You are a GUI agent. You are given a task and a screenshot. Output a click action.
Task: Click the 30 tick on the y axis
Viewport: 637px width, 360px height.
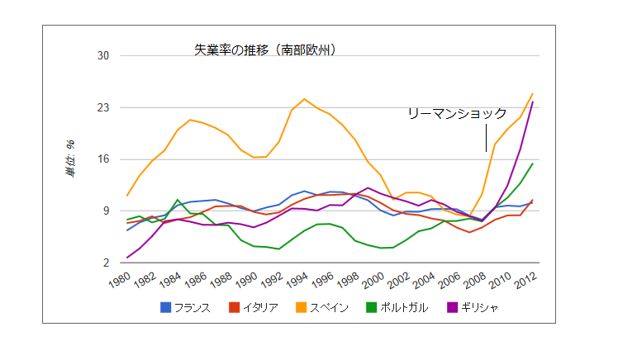coord(103,56)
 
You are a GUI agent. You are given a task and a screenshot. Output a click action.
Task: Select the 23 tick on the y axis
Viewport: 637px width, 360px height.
coord(103,108)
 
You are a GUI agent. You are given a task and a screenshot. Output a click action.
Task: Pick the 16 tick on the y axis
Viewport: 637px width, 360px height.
coord(103,159)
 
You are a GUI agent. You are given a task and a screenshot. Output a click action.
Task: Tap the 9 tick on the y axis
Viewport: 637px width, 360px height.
coord(106,211)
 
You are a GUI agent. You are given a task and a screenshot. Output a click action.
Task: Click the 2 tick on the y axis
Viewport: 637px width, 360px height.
coord(106,263)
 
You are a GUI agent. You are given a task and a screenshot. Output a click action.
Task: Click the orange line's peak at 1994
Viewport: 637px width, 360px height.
coord(305,99)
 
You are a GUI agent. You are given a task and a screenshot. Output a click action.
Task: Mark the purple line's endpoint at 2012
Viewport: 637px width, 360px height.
coord(532,102)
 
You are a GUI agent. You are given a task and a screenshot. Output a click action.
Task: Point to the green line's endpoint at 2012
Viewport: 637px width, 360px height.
coord(532,163)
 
